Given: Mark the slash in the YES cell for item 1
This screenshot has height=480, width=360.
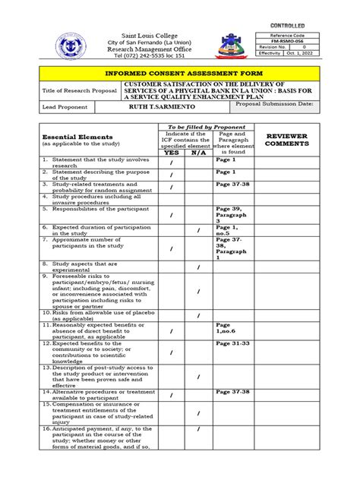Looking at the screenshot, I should (172, 163).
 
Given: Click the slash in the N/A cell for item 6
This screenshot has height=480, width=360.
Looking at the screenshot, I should (198, 229).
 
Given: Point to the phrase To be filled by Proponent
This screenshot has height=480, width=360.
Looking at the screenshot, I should (202, 127).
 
